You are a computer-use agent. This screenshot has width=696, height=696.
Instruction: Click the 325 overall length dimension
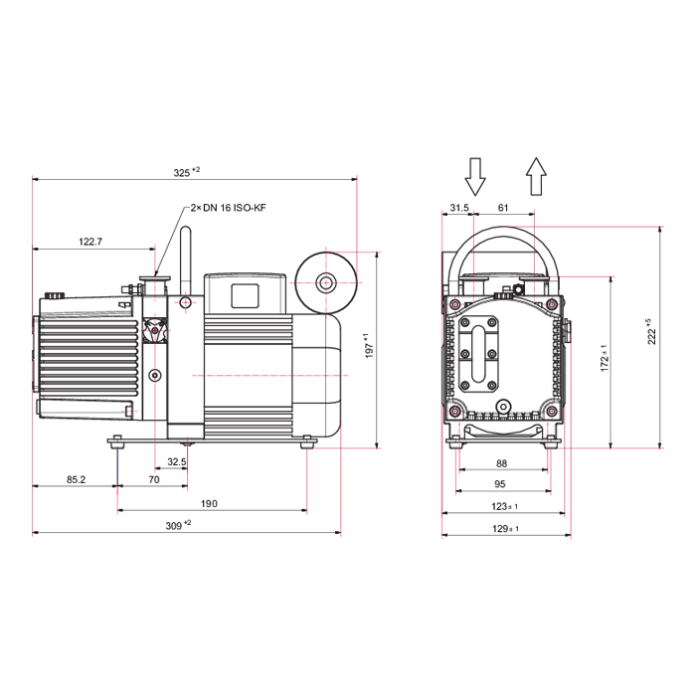click(187, 172)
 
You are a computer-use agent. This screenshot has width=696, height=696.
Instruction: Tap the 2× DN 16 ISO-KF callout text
click(228, 208)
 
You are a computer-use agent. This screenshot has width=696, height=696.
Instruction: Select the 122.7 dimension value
click(90, 242)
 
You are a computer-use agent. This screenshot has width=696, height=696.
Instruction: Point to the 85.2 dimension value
click(76, 479)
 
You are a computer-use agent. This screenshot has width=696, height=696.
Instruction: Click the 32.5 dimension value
click(177, 462)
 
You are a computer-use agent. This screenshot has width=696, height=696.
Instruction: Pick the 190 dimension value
click(209, 503)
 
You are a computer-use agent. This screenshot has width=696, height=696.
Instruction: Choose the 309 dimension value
click(178, 525)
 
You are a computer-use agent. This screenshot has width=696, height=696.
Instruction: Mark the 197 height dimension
click(369, 346)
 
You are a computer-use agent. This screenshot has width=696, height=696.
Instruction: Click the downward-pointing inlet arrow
click(475, 177)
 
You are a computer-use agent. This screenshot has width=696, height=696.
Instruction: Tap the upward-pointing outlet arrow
click(536, 176)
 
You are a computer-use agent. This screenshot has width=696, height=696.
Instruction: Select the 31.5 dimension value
click(459, 207)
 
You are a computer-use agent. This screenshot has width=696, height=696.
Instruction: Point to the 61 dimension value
click(503, 207)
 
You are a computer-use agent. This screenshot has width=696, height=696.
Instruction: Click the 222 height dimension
click(650, 331)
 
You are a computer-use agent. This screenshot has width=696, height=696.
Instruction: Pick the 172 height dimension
click(605, 358)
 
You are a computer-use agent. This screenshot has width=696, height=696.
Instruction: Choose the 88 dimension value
click(501, 463)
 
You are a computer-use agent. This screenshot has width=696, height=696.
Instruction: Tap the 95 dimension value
click(500, 484)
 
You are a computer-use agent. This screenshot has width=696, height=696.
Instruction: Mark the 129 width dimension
click(505, 528)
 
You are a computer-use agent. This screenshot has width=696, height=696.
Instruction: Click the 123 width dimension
click(504, 506)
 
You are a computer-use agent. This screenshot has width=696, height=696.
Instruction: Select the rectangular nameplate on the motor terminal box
click(245, 296)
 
